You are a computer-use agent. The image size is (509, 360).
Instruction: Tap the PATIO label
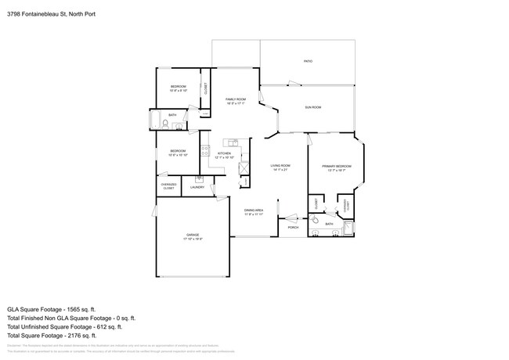coord(308,60)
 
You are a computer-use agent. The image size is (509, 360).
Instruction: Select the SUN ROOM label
coord(312,107)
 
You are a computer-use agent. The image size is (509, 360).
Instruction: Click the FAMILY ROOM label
coord(236,100)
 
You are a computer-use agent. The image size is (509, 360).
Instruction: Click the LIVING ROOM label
coord(280,167)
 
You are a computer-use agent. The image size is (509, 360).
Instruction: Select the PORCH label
coord(293,228)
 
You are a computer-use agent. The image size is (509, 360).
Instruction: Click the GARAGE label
coord(193,237)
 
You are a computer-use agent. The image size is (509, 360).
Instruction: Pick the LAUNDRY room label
coord(197,187)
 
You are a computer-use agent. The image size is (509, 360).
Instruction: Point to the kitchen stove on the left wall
coord(205,150)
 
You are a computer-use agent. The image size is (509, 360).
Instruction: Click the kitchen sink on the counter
coord(232,142)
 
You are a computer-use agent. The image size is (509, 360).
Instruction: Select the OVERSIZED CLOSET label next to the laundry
coord(168,186)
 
